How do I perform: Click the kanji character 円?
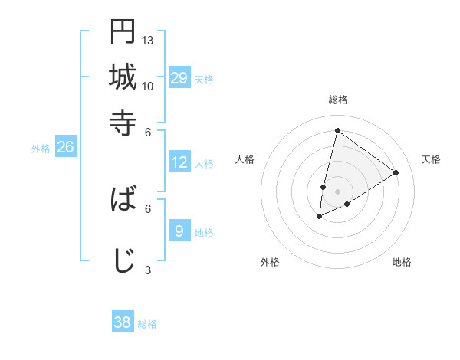pyautogui.click(x=123, y=31)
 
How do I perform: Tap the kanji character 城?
pyautogui.click(x=123, y=77)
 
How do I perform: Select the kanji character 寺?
pyautogui.click(x=123, y=123)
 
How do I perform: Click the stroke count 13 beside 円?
pyautogui.click(x=148, y=40)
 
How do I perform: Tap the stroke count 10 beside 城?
pyautogui.click(x=148, y=86)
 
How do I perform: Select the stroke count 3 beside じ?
pyautogui.click(x=148, y=269)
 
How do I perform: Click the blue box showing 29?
pyautogui.click(x=179, y=78)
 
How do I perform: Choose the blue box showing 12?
pyautogui.click(x=179, y=162)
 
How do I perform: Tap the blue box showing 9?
pyautogui.click(x=179, y=231)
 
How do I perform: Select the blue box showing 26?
pyautogui.click(x=65, y=148)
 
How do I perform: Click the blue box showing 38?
pyautogui.click(x=123, y=322)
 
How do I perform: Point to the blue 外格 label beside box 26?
pyautogui.click(x=41, y=149)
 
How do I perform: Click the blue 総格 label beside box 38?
pyautogui.click(x=147, y=324)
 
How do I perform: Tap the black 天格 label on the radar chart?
pyautogui.click(x=431, y=159)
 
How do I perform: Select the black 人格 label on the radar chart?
pyautogui.click(x=245, y=159)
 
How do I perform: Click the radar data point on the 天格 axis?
pyautogui.click(x=396, y=172)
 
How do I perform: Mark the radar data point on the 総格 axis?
pyautogui.click(x=338, y=130)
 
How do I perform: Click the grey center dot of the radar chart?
pyautogui.click(x=338, y=191)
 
